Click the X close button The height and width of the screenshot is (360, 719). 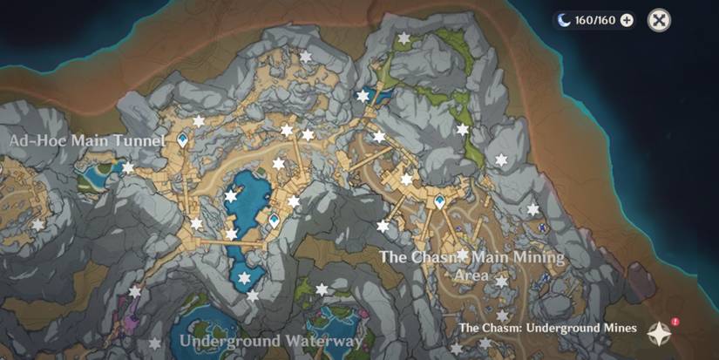point(660,20)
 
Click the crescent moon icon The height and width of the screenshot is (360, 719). point(565,20)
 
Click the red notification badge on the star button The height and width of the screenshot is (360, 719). point(675,322)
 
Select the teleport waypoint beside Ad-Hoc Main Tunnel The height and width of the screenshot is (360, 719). point(183,139)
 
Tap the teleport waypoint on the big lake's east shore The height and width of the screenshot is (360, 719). point(274,221)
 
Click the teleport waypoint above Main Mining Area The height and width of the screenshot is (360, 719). point(440,202)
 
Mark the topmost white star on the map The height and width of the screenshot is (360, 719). point(404,38)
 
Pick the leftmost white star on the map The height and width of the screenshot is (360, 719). point(37,225)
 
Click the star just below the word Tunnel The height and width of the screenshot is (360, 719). point(128,167)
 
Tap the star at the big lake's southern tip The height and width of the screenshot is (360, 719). point(244,278)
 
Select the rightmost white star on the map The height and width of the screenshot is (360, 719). point(532,209)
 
